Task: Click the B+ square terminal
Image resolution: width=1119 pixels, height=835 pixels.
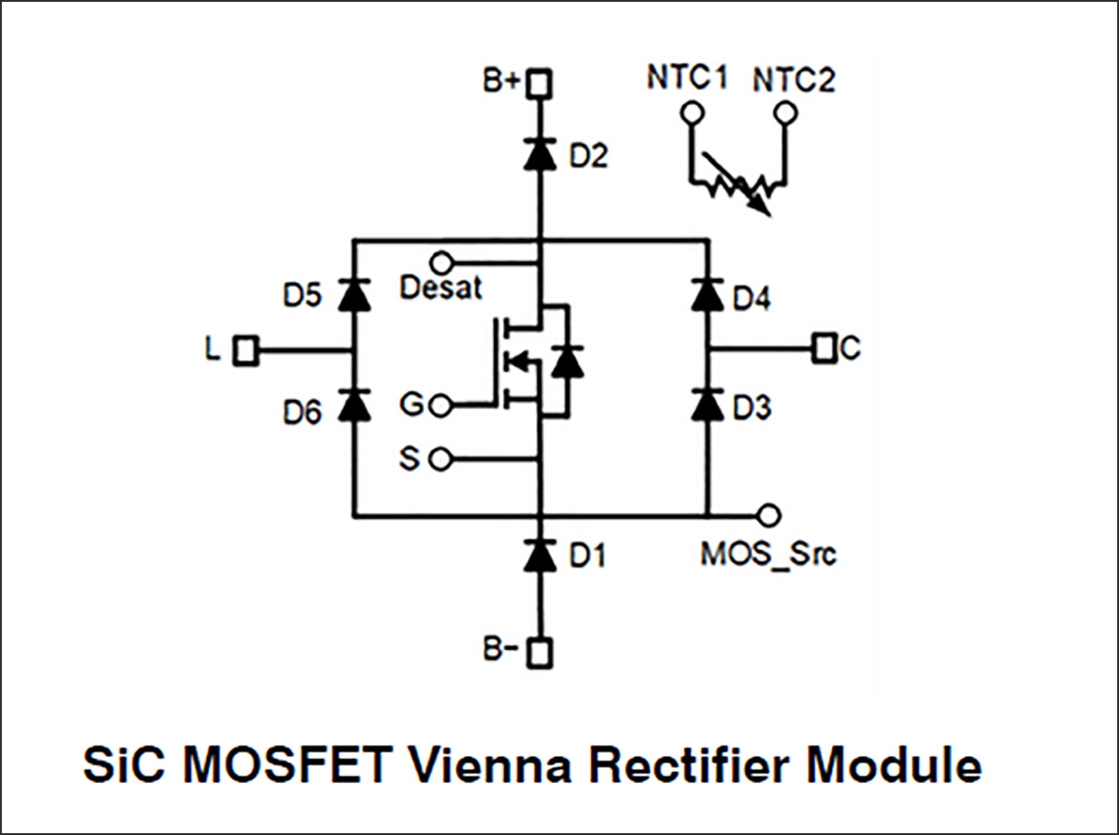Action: (x=539, y=83)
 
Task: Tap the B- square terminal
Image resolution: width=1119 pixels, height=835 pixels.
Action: (x=539, y=652)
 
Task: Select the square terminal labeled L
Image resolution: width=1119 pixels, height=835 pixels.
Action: (x=246, y=351)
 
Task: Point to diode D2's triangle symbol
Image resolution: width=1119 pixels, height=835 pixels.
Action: (x=539, y=155)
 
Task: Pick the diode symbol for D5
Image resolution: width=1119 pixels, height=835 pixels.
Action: (x=355, y=296)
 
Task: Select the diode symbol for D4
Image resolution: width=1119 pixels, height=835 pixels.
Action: (x=708, y=296)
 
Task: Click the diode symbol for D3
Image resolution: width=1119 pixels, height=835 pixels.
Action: (x=708, y=405)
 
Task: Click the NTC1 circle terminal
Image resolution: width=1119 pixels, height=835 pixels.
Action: (x=692, y=113)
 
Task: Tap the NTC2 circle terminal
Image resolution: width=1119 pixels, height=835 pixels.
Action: (x=786, y=113)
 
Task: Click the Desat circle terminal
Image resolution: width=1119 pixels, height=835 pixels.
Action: (x=441, y=262)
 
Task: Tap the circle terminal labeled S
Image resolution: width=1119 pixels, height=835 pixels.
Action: (x=441, y=460)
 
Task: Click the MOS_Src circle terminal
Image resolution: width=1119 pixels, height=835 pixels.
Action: (x=769, y=515)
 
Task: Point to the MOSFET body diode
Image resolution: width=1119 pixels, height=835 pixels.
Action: (x=567, y=362)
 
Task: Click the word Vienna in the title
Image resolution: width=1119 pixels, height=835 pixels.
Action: (x=490, y=765)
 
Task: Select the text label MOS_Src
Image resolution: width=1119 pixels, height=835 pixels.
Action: (x=768, y=554)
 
